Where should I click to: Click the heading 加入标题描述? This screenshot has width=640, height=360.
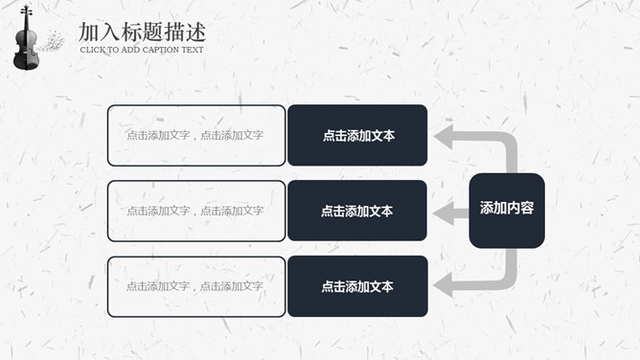[x=142, y=32]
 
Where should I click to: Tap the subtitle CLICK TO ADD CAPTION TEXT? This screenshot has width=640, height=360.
[x=142, y=50]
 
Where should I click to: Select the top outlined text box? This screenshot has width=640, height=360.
[x=196, y=135]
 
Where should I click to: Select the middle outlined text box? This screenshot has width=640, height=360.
[x=196, y=211]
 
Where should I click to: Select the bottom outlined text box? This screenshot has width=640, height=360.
[x=196, y=286]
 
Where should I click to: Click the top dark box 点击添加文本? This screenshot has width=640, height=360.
[x=357, y=135]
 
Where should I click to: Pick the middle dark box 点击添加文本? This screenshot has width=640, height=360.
[x=357, y=211]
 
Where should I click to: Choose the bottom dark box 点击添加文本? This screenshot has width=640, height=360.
[x=357, y=286]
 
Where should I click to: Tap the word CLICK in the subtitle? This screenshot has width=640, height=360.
[x=91, y=50]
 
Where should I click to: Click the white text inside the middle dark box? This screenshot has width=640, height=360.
[x=357, y=212]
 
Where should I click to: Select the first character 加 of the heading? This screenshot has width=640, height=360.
[x=89, y=32]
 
